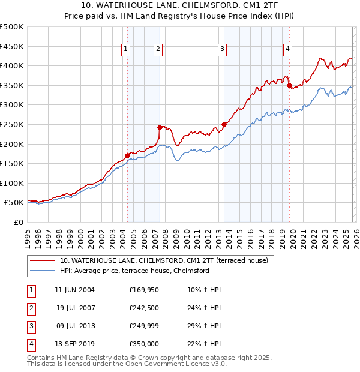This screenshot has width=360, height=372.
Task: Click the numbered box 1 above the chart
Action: point(127,50)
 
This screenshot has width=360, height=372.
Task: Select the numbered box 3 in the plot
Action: point(222,50)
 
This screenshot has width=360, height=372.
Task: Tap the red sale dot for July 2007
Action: point(160,127)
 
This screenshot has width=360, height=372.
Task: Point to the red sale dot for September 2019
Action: point(289,85)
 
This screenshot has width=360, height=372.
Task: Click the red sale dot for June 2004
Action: point(127,155)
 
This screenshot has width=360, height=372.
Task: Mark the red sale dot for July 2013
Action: point(224,124)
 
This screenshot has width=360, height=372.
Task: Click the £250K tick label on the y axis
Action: point(11,124)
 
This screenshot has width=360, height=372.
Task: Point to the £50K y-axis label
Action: point(14,203)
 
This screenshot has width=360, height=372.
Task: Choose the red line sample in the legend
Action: point(42,260)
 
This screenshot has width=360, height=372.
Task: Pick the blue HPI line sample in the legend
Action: point(42,271)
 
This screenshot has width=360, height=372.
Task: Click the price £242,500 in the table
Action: point(143,308)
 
